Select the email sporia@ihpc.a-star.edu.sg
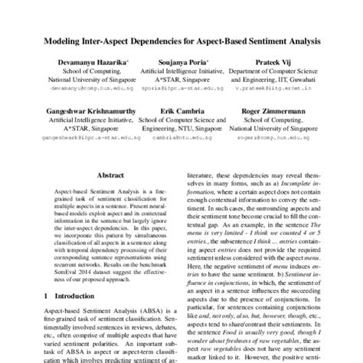183,87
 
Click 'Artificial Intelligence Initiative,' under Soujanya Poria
183,69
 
